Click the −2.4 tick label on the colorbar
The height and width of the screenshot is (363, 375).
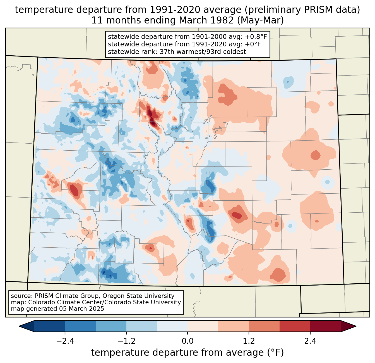[x=65, y=341]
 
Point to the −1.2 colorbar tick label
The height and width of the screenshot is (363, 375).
[x=126, y=341]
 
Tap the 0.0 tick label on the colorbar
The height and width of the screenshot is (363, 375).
[x=187, y=341]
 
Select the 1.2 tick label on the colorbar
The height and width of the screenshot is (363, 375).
[x=249, y=341]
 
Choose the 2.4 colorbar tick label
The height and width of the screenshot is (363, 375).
[x=310, y=341]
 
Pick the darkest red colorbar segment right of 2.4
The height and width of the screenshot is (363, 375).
[x=325, y=326]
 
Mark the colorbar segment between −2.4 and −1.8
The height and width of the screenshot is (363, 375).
[x=80, y=326]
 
